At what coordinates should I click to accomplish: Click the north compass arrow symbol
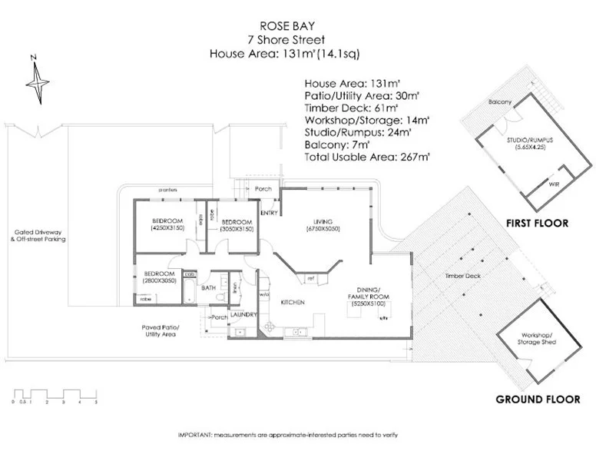(x=37, y=78)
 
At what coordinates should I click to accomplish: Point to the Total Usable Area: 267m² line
(x=367, y=156)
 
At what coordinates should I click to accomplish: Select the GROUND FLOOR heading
(x=538, y=399)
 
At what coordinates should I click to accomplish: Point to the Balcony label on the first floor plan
(x=500, y=102)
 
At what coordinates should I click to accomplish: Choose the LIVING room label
(x=323, y=220)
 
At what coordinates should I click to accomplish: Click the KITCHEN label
(x=293, y=302)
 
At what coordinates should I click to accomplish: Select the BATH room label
(x=209, y=288)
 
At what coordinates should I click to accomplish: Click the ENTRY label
(x=269, y=213)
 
